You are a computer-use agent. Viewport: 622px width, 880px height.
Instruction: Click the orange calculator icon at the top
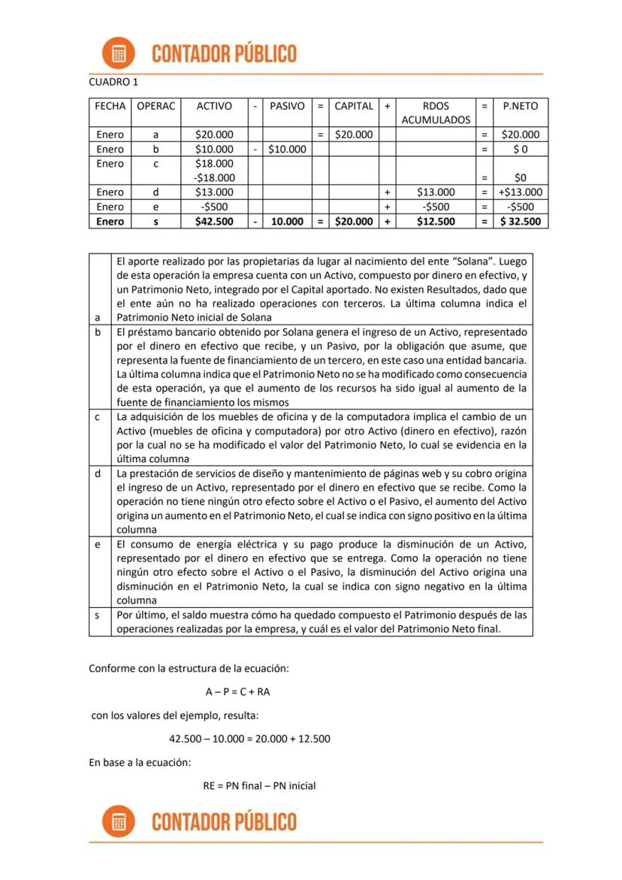119,53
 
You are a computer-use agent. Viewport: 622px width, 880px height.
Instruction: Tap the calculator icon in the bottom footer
119,822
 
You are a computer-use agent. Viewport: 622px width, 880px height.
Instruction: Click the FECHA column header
110,106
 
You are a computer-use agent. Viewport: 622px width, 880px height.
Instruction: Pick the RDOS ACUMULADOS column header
436,113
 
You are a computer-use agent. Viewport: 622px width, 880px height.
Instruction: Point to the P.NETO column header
521,106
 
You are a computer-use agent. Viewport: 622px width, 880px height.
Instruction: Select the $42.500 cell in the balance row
213,222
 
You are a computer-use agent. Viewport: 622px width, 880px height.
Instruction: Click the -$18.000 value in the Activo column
213,178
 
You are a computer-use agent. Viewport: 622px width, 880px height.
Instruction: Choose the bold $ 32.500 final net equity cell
521,222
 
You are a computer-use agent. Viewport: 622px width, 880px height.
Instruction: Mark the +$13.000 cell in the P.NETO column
521,192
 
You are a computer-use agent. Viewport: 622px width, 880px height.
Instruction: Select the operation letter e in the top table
155,207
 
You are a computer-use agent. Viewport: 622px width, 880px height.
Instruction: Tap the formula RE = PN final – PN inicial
259,786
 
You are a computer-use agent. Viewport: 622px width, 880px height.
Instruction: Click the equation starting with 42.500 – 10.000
249,739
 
